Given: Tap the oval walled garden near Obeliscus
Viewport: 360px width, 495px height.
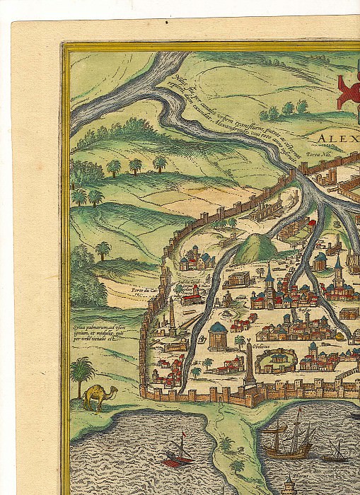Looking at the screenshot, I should [274, 362].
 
